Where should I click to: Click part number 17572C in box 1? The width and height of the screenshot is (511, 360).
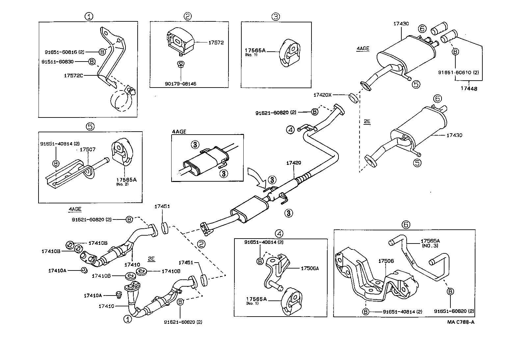coord(73,75)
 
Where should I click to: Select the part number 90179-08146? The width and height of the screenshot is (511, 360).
coord(181,84)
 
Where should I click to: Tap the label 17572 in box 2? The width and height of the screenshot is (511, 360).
coord(216,42)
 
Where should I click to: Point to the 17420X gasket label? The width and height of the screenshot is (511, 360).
coord(322,95)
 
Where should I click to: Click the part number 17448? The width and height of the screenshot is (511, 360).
coord(469,89)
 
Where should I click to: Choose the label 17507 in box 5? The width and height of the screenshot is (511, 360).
coord(88,149)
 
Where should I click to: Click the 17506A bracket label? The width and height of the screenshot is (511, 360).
coord(309,268)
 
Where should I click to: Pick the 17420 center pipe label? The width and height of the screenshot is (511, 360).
coord(294,163)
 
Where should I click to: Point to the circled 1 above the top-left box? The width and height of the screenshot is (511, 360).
coord(88,16)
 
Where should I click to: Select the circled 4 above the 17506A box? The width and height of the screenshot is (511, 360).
coord(279,234)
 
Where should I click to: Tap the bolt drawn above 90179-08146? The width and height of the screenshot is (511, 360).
coord(180,64)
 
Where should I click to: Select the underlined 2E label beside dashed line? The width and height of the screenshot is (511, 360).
coord(367,121)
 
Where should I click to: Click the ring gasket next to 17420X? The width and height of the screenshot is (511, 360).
coord(353,98)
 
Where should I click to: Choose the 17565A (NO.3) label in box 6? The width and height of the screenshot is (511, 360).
coord(430,243)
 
